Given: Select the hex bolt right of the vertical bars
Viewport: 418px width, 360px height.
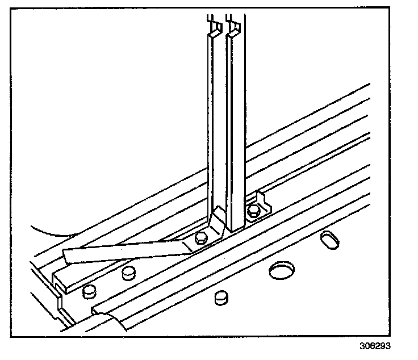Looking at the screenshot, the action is (253, 212).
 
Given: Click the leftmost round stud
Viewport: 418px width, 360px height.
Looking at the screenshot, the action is (89, 292).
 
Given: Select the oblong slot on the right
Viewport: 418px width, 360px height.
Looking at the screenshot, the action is (329, 239).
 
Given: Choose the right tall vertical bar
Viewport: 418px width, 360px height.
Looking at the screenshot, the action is (235, 125).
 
